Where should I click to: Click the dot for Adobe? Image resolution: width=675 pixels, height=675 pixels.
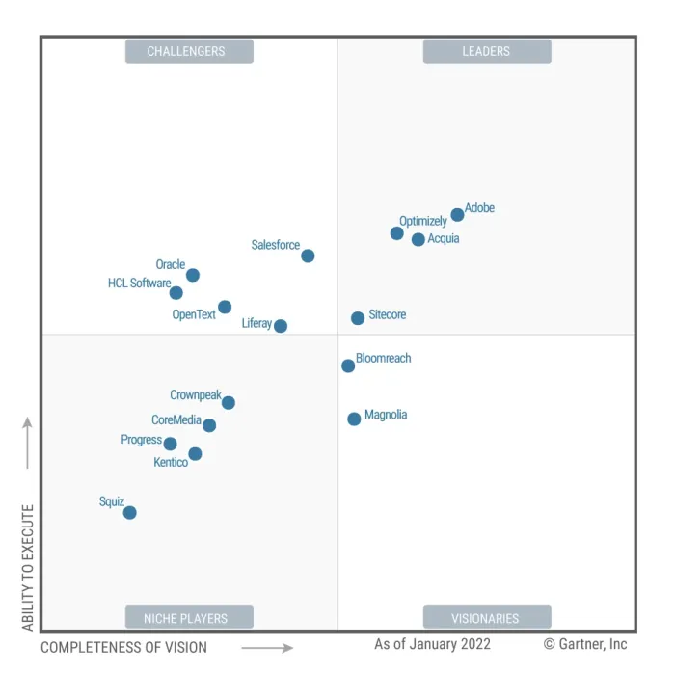click(457, 215)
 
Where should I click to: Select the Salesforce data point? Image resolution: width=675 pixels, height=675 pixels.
click(308, 256)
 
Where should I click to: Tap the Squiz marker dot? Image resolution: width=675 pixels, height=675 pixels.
click(129, 512)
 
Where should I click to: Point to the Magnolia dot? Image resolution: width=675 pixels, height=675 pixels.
click(354, 418)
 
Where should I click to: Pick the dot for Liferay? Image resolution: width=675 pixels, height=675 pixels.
click(281, 326)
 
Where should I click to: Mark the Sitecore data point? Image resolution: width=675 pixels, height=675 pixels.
click(358, 317)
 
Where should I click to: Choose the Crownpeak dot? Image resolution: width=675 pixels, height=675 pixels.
click(229, 402)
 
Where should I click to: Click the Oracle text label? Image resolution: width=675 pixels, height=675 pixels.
click(171, 264)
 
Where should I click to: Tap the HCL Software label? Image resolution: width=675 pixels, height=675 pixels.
click(139, 283)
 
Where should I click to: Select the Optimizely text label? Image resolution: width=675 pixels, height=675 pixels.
click(423, 221)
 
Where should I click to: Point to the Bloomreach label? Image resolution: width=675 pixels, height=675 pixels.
click(384, 358)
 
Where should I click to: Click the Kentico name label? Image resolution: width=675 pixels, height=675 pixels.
click(171, 463)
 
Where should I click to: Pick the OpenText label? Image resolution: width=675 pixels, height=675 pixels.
click(194, 314)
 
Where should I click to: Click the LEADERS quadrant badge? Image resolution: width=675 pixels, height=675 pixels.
click(486, 51)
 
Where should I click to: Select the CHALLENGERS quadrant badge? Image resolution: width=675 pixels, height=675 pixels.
click(189, 51)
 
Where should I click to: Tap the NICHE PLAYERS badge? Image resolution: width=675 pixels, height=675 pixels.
click(189, 618)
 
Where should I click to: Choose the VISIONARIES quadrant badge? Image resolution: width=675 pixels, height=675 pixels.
click(486, 618)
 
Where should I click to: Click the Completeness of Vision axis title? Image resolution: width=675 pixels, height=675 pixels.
click(123, 648)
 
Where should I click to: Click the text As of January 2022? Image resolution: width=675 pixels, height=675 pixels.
click(432, 644)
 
